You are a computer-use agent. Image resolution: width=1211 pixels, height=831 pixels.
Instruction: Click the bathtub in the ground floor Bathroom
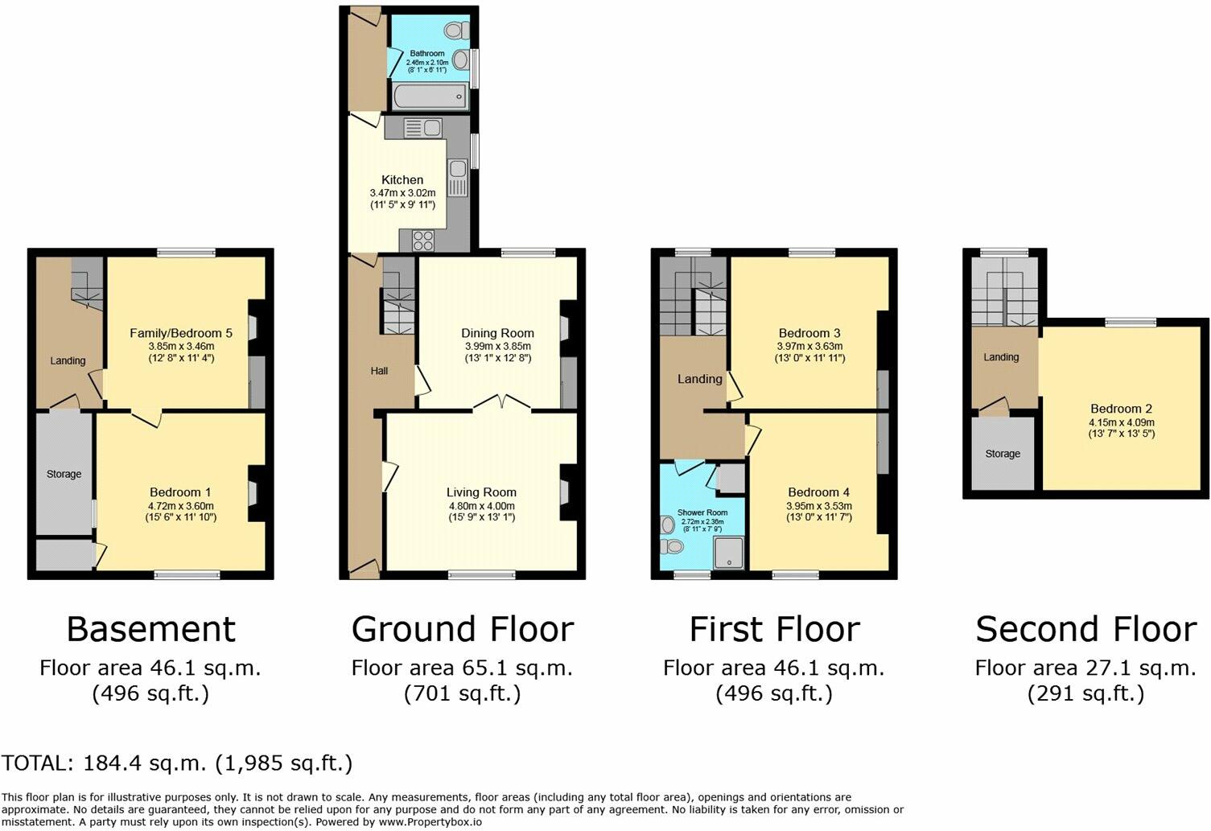[x=430, y=97]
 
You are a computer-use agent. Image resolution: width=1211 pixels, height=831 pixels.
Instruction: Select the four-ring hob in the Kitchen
[x=423, y=239]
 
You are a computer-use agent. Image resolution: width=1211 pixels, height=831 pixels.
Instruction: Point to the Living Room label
[x=481, y=492]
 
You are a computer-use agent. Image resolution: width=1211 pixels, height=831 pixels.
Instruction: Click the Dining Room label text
[x=497, y=333]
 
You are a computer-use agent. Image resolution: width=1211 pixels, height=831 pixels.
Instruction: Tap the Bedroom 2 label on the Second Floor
[x=1121, y=409]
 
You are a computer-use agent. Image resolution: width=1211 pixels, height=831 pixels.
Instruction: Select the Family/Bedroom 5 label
[x=181, y=333]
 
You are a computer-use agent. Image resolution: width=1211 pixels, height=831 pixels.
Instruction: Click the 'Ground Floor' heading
[x=463, y=629]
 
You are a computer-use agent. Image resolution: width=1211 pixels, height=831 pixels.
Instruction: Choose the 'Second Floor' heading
[x=1086, y=629]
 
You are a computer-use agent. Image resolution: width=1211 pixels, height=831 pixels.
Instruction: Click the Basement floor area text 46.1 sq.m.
[x=150, y=668]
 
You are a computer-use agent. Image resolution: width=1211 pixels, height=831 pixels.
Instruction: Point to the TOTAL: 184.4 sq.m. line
[x=177, y=763]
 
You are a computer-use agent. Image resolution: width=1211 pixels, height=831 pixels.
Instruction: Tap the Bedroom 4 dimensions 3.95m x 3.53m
[x=818, y=506]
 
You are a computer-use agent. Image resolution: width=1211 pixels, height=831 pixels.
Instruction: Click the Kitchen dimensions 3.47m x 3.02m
[x=402, y=193]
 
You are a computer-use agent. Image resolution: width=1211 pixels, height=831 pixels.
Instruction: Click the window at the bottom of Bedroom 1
[x=187, y=574]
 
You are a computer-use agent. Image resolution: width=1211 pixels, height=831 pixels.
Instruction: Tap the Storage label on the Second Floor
[x=1003, y=454]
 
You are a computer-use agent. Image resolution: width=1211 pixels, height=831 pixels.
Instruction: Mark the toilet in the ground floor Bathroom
[x=455, y=31]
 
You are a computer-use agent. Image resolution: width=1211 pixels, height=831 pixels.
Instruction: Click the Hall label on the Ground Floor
[x=379, y=371]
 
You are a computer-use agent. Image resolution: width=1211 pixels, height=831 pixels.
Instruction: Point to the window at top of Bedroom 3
[x=811, y=253]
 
